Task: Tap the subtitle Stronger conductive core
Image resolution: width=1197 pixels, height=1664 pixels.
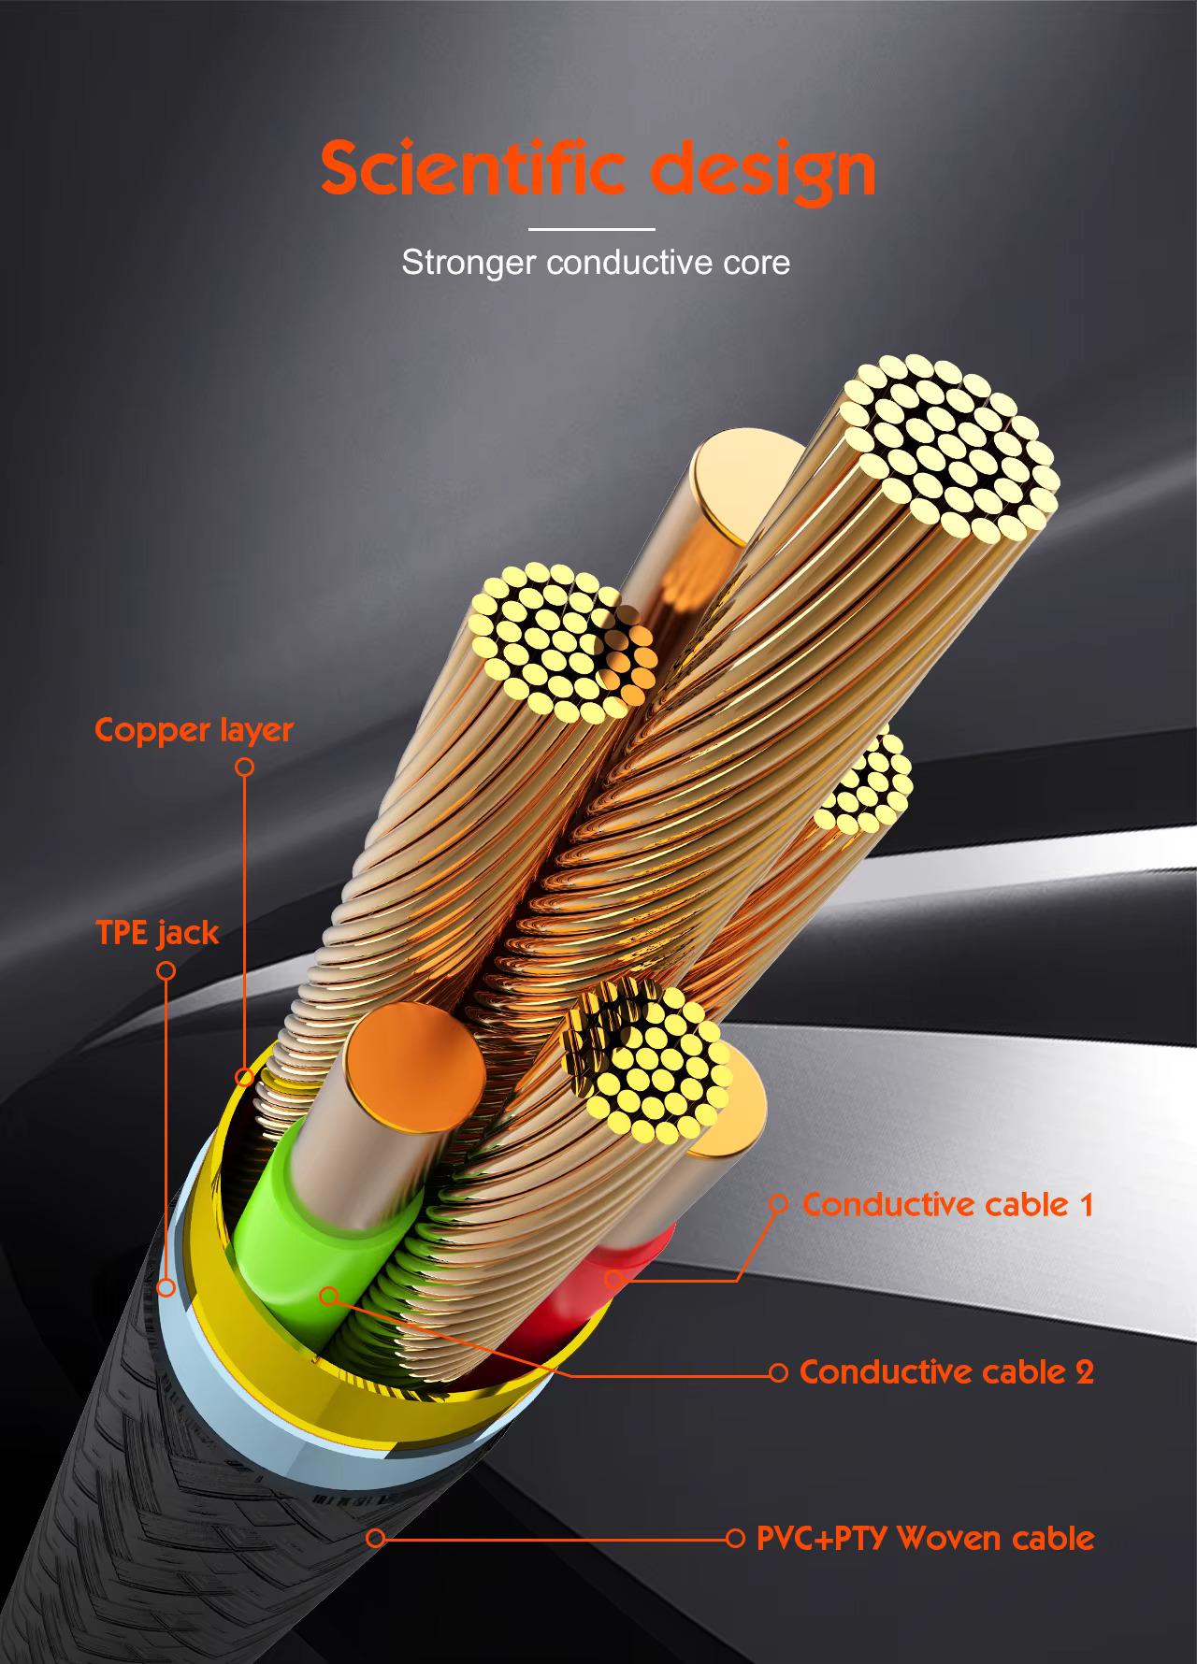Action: pyautogui.click(x=596, y=263)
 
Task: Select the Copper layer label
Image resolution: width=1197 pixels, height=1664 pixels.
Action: pyautogui.click(x=195, y=730)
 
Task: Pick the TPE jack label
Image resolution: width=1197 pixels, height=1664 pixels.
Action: pyautogui.click(x=157, y=932)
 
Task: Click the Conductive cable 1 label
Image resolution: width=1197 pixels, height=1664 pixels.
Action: pyautogui.click(x=947, y=1204)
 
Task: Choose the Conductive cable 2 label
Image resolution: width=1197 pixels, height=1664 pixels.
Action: pyautogui.click(x=946, y=1371)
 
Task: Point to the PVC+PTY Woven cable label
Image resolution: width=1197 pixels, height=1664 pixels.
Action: pyautogui.click(x=925, y=1538)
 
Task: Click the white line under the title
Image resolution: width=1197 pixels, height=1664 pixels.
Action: pyautogui.click(x=591, y=228)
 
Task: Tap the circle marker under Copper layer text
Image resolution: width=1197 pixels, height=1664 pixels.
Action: pyautogui.click(x=245, y=767)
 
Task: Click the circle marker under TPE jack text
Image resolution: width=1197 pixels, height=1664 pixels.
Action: pyautogui.click(x=166, y=970)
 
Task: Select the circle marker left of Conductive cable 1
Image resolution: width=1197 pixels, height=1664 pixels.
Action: pyautogui.click(x=778, y=1203)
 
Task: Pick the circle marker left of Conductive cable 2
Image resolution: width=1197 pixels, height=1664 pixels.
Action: pyautogui.click(x=778, y=1372)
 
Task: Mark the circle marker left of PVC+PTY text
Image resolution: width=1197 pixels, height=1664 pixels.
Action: pyautogui.click(x=735, y=1538)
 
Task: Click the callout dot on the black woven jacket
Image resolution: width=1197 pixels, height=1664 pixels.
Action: pyautogui.click(x=375, y=1538)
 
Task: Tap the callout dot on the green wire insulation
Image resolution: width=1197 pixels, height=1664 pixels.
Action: pyautogui.click(x=328, y=1297)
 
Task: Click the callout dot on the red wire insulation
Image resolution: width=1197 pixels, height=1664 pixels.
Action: pyautogui.click(x=613, y=1278)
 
